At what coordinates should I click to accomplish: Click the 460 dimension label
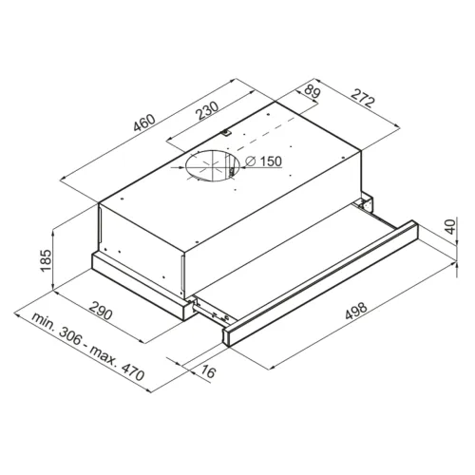click(x=144, y=123)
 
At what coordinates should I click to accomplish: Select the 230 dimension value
click(x=207, y=110)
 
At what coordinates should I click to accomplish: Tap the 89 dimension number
click(x=313, y=91)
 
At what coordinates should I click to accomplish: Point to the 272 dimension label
click(x=363, y=98)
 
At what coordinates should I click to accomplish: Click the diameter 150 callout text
click(x=264, y=161)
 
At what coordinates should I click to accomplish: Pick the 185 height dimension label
click(x=46, y=260)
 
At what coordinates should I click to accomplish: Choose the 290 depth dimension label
click(x=101, y=311)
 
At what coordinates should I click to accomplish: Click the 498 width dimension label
click(x=356, y=312)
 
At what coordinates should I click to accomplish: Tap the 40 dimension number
click(x=450, y=226)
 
